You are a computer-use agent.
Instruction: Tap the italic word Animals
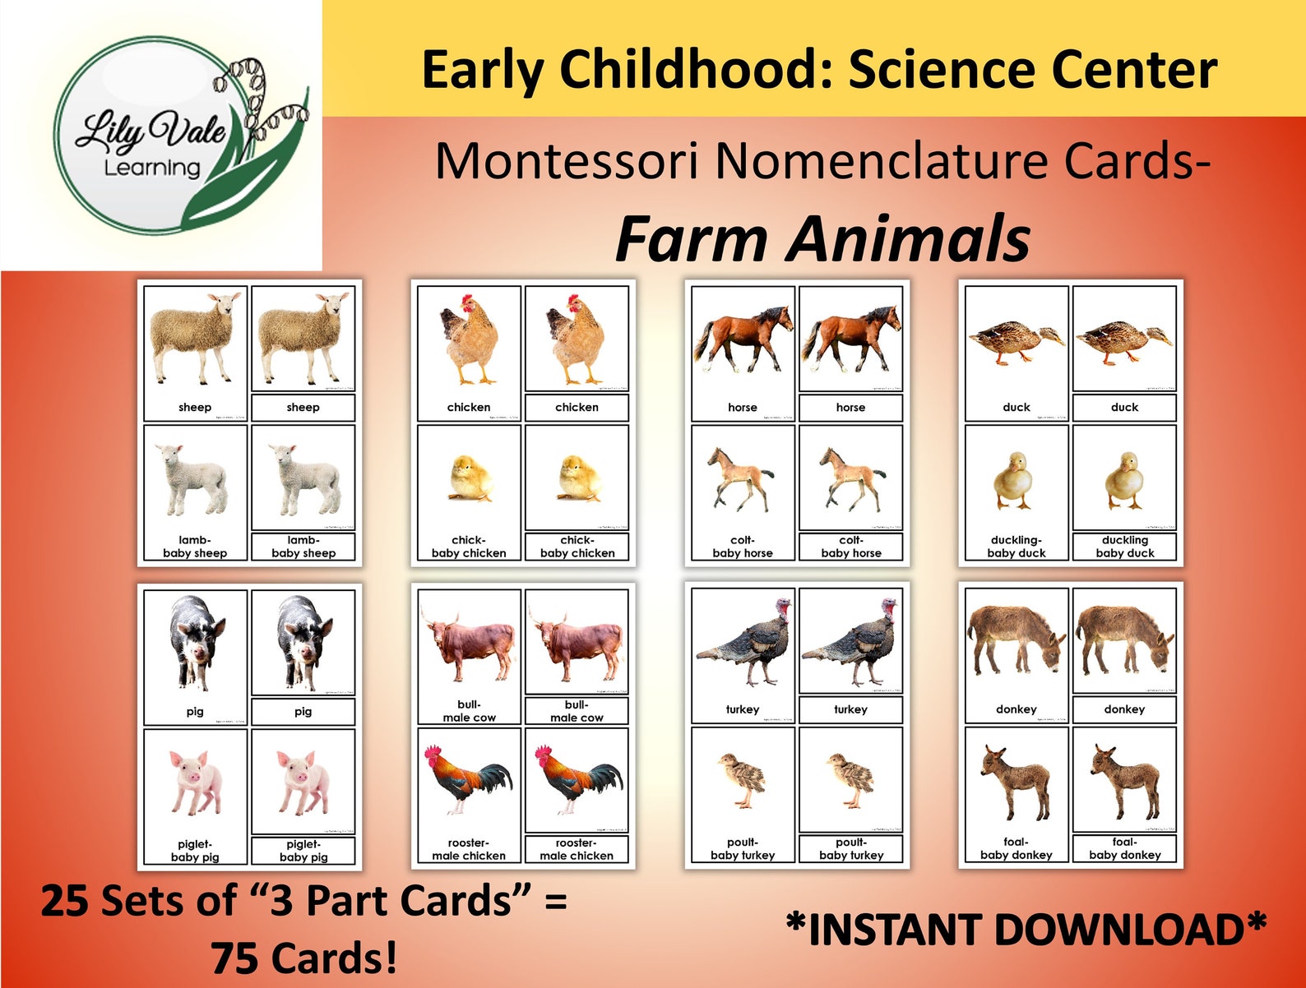[910, 238]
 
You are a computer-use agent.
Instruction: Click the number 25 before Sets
[64, 901]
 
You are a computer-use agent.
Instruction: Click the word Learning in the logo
[152, 168]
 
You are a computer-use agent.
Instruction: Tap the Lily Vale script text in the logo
[151, 130]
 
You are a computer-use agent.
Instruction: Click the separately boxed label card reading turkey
[850, 709]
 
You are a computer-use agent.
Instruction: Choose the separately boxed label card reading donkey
[1124, 709]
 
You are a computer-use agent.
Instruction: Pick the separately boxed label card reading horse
[850, 408]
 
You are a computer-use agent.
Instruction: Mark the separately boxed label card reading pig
[303, 712]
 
